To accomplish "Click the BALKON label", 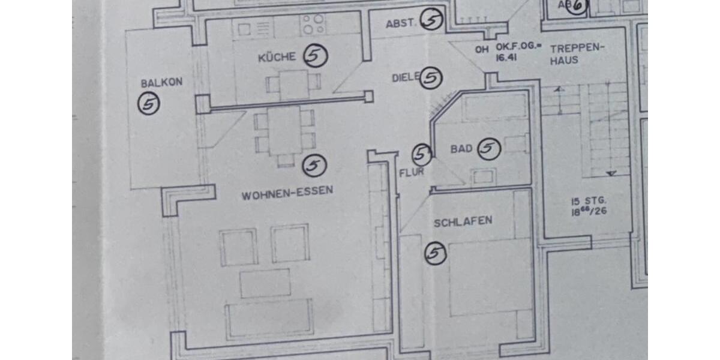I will pyautogui.click(x=153, y=83).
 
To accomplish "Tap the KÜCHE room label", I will pyautogui.click(x=277, y=58).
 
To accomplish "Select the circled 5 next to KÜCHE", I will pyautogui.click(x=315, y=56).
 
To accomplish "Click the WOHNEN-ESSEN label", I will pyautogui.click(x=287, y=195).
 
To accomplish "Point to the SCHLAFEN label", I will pyautogui.click(x=463, y=221).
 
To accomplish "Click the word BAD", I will pyautogui.click(x=461, y=149).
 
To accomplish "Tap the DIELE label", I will pyautogui.click(x=406, y=78).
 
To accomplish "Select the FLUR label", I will pyautogui.click(x=412, y=172).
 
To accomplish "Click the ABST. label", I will pyautogui.click(x=401, y=24).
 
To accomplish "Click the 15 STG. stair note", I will pyautogui.click(x=589, y=200).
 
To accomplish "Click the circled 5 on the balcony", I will pyautogui.click(x=149, y=104).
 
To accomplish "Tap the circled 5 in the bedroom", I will pyautogui.click(x=436, y=253).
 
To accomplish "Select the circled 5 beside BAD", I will pyautogui.click(x=489, y=149).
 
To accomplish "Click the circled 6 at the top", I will pyautogui.click(x=577, y=6).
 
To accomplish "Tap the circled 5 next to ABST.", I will pyautogui.click(x=431, y=20).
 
